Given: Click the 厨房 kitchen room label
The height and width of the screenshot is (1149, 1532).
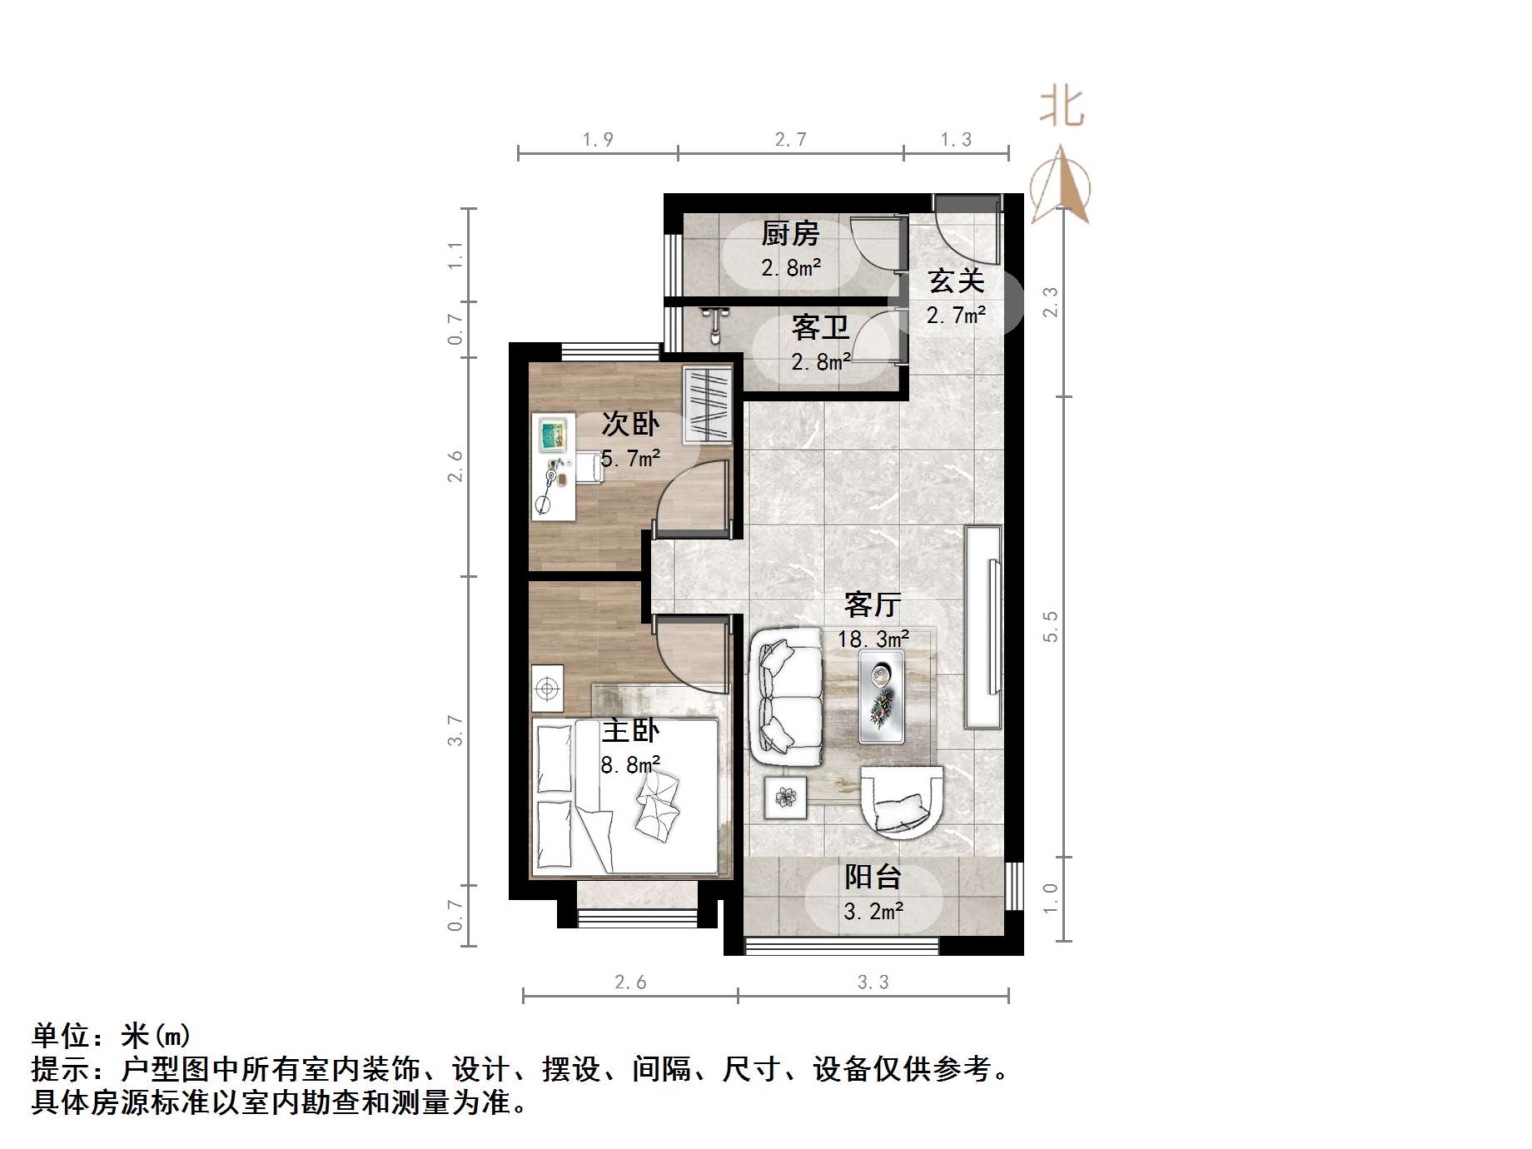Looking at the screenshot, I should (789, 234).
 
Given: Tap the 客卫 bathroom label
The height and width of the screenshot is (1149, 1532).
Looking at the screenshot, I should (820, 328).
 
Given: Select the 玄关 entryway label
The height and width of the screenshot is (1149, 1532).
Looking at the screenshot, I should (956, 281).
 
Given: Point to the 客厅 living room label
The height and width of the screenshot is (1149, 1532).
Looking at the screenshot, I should (872, 604).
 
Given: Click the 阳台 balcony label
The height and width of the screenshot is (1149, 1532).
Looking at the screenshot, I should (873, 877).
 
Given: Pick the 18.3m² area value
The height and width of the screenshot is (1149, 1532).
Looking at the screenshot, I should (873, 639).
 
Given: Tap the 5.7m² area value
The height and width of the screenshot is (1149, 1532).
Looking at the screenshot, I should (630, 459).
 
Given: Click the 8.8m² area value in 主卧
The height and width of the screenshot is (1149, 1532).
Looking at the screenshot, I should (630, 765).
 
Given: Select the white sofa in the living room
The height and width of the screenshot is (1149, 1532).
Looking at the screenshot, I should (785, 698).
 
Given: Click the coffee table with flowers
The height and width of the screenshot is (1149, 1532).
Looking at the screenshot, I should (882, 696).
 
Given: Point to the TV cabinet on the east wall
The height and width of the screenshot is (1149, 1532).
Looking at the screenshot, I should (983, 626).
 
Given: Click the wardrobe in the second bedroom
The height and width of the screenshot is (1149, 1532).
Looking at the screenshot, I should (707, 404).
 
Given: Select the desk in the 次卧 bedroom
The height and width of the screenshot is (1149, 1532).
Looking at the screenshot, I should (554, 465).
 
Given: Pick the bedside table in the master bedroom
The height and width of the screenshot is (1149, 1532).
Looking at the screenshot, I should (547, 689).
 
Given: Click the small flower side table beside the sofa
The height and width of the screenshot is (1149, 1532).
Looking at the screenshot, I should (785, 798).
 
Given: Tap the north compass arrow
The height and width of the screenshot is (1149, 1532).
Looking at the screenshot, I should (1061, 185).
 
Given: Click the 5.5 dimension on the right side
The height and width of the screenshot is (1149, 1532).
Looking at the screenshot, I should (1051, 626).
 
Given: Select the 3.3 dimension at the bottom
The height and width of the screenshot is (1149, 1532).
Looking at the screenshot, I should (873, 982).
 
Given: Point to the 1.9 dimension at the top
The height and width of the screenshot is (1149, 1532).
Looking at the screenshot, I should (598, 140).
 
